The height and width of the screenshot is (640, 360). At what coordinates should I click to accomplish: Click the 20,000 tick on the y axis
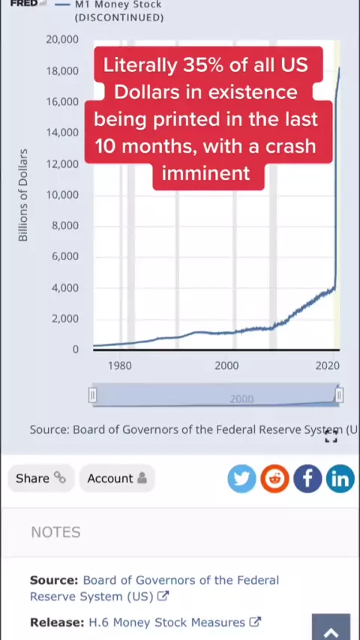coord(62,40)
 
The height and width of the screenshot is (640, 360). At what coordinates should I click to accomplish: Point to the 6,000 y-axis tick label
coord(65,256)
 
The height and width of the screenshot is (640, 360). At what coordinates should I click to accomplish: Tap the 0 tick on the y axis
coord(75,349)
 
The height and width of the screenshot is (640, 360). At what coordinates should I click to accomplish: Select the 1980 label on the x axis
coord(120,365)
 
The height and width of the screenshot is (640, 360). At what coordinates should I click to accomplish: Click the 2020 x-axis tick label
coord(328,365)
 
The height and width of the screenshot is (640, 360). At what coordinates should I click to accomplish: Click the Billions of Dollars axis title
coord(23,195)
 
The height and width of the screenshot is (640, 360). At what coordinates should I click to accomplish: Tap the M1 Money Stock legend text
coord(118,5)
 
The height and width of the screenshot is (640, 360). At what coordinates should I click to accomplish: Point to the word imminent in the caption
coord(206,173)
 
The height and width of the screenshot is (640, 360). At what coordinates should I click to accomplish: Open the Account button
coord(117,478)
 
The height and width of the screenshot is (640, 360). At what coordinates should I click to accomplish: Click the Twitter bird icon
coord(242,478)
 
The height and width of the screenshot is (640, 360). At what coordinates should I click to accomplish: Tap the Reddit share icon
coord(274,478)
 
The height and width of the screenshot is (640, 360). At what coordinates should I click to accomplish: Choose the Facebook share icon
coord(307,478)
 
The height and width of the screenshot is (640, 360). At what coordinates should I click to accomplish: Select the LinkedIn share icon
coord(340,478)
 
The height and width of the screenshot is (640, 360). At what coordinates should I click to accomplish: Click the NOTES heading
coord(55,532)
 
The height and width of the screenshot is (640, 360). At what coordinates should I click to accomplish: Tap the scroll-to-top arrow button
coord(331,628)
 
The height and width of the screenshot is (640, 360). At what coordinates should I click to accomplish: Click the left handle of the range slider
coord(93,395)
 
